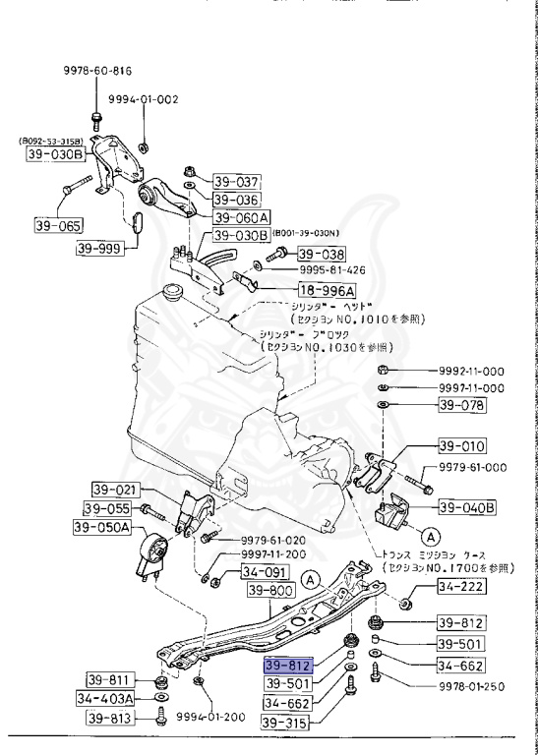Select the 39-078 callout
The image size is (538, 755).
(x=462, y=405)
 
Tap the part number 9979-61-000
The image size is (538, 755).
(x=471, y=468)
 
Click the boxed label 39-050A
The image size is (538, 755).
(x=101, y=528)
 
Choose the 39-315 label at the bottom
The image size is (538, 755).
(x=285, y=723)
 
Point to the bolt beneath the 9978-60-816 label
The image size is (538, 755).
(x=95, y=122)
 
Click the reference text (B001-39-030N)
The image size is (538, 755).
(x=311, y=233)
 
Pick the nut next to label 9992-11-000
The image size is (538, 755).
(x=384, y=371)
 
